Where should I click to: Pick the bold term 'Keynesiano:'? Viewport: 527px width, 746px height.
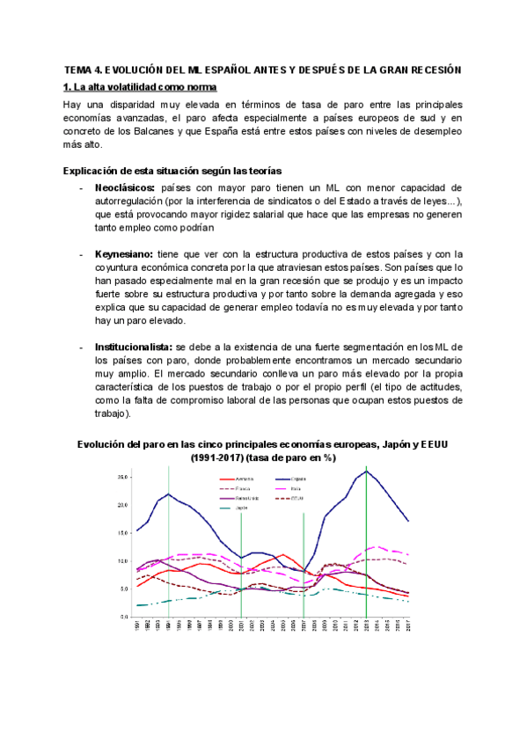(126, 253)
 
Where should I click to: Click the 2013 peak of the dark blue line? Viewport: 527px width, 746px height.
(366, 472)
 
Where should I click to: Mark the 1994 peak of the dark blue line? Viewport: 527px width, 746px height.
(169, 494)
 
